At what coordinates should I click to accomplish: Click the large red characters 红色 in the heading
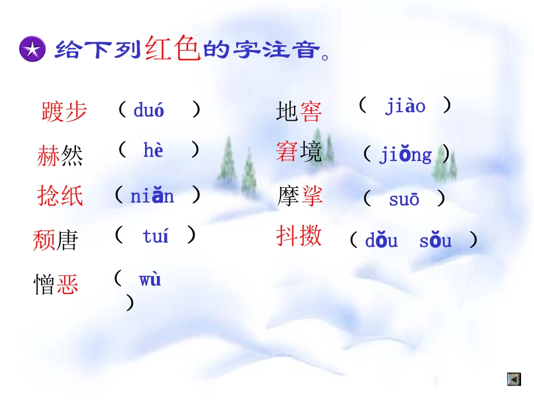[173, 49]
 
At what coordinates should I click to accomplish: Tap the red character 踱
[53, 111]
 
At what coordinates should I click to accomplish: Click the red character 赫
[48, 155]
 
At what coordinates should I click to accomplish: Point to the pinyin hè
[153, 150]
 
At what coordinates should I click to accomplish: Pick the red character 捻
[49, 196]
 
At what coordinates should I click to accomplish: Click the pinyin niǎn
[152, 196]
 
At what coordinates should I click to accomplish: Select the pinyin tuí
[155, 236]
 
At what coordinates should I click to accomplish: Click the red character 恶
[67, 284]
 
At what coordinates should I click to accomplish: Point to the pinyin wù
[150, 279]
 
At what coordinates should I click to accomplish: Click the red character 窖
[310, 112]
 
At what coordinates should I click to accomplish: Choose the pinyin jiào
[405, 106]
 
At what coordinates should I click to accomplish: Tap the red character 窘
[286, 152]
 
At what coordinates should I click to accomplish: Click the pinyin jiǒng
[405, 155]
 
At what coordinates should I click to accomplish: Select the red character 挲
[311, 196]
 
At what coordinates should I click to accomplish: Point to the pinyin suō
[404, 199]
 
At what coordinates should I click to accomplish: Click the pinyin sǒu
[435, 241]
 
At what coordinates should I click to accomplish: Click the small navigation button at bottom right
[513, 379]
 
